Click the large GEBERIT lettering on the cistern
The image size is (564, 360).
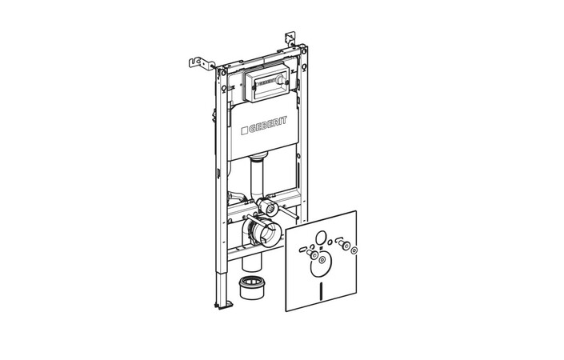point(268,126)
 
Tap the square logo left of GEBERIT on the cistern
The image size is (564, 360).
point(245,130)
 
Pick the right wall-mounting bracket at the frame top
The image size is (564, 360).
point(290,39)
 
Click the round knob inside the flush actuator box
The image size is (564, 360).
point(281,78)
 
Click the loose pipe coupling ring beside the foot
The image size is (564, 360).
point(251,287)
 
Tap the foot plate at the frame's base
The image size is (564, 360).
point(223,305)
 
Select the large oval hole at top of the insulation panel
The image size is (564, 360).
point(321,238)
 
